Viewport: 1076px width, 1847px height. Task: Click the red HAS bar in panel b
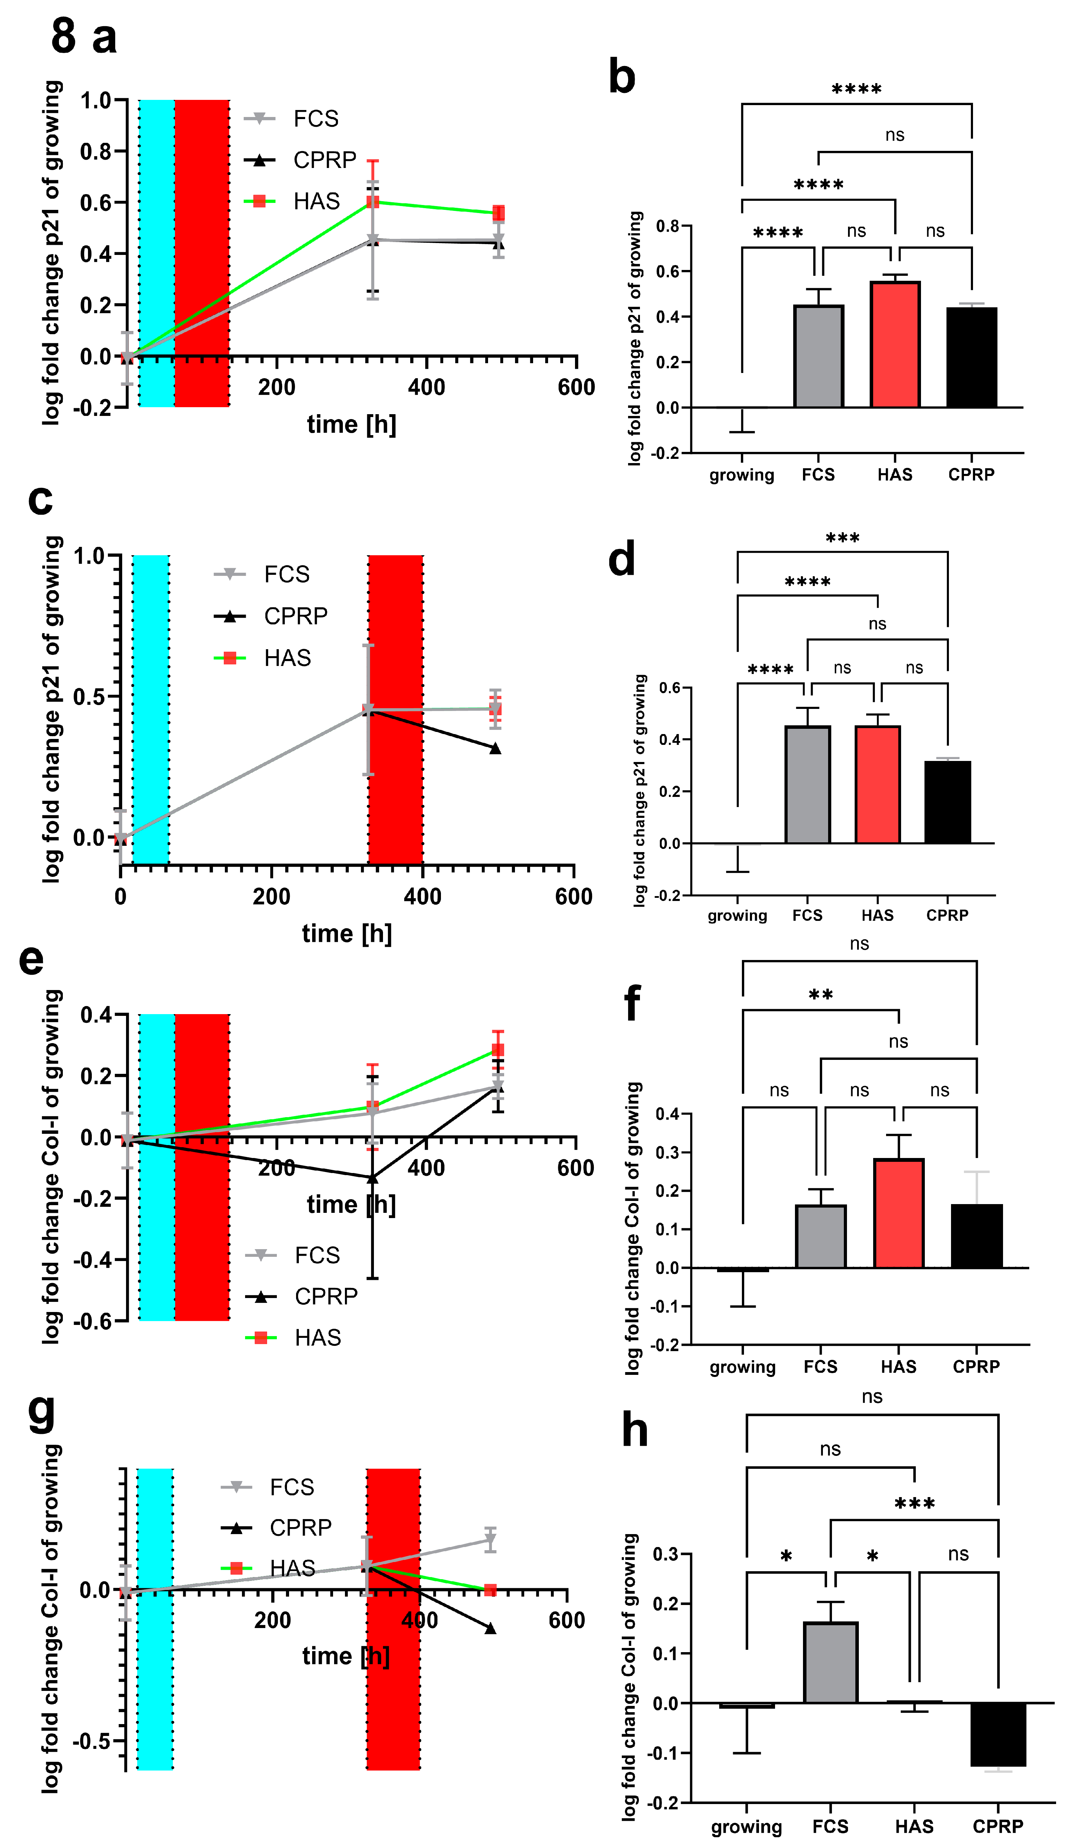(x=895, y=344)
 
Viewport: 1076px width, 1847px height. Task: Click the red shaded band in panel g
(x=393, y=1620)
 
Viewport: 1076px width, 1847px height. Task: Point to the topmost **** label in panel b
(x=856, y=89)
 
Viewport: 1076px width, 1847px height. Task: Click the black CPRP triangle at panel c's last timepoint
(x=495, y=748)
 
